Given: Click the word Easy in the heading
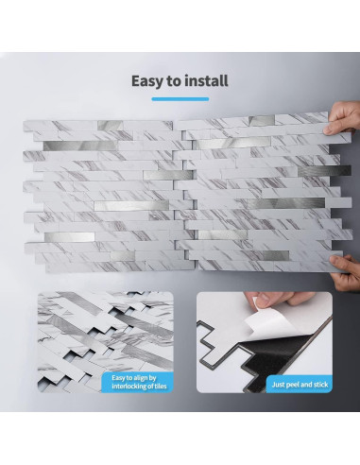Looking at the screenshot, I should (x=149, y=80).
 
